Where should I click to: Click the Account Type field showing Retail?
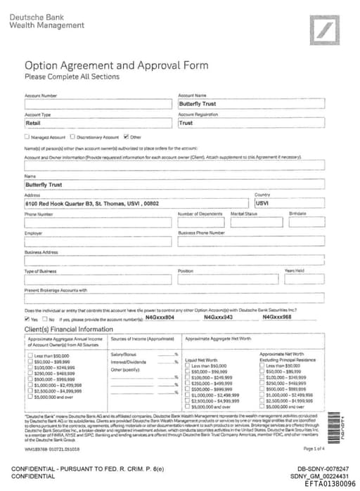pyautogui.click(x=98, y=123)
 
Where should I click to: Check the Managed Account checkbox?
pyautogui.click(x=27, y=137)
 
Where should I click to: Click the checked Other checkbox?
pyautogui.click(x=125, y=137)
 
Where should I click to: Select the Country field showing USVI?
pyautogui.click(x=288, y=203)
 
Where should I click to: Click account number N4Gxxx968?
pyautogui.click(x=277, y=317)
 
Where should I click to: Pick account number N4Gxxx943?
pyautogui.click(x=218, y=317)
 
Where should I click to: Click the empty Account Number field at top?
pyautogui.click(x=98, y=104)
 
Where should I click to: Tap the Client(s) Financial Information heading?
pyautogui.click(x=69, y=329)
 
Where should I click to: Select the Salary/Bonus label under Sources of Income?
pyautogui.click(x=124, y=355)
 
